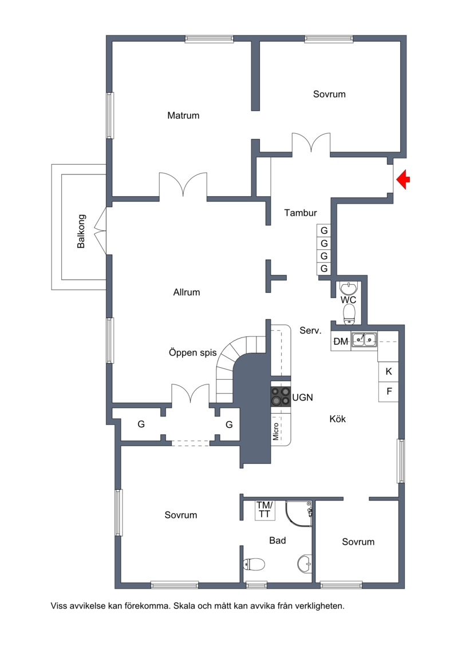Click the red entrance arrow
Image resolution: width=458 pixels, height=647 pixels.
point(403,180)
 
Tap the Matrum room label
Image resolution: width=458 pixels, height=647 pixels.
point(183,116)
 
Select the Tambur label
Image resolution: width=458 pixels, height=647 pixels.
point(300,213)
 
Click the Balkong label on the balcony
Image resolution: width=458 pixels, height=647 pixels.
point(81,231)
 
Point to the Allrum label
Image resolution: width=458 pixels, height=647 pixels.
point(186,292)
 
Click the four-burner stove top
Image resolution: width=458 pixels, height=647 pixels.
point(281,396)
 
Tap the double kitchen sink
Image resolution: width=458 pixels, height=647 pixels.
point(364,339)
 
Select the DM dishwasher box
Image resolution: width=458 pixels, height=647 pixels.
point(341,342)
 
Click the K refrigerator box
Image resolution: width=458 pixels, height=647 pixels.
point(389,371)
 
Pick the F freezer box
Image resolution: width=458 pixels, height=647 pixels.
point(389,391)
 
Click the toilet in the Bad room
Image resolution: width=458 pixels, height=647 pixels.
point(254,563)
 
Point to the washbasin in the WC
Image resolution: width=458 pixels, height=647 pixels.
point(349,288)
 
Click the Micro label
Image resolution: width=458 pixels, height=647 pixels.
point(276,431)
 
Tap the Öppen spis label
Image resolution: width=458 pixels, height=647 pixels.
point(192,353)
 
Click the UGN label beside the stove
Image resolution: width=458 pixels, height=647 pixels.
point(303,398)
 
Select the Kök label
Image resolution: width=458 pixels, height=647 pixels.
point(337,419)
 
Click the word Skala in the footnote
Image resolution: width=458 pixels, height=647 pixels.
point(184,606)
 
